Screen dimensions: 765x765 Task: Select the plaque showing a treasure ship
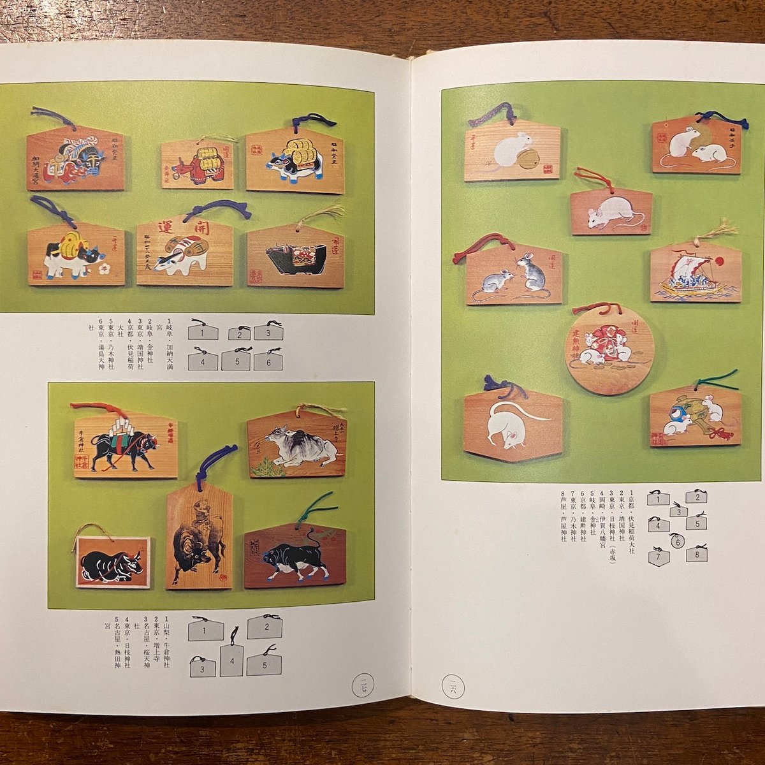696,275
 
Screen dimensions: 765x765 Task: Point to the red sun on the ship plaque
720,261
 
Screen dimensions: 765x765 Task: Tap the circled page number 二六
453,687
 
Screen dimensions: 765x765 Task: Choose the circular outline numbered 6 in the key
678,541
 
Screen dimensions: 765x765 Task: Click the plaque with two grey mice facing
514,275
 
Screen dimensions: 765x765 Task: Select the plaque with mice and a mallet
695,415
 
